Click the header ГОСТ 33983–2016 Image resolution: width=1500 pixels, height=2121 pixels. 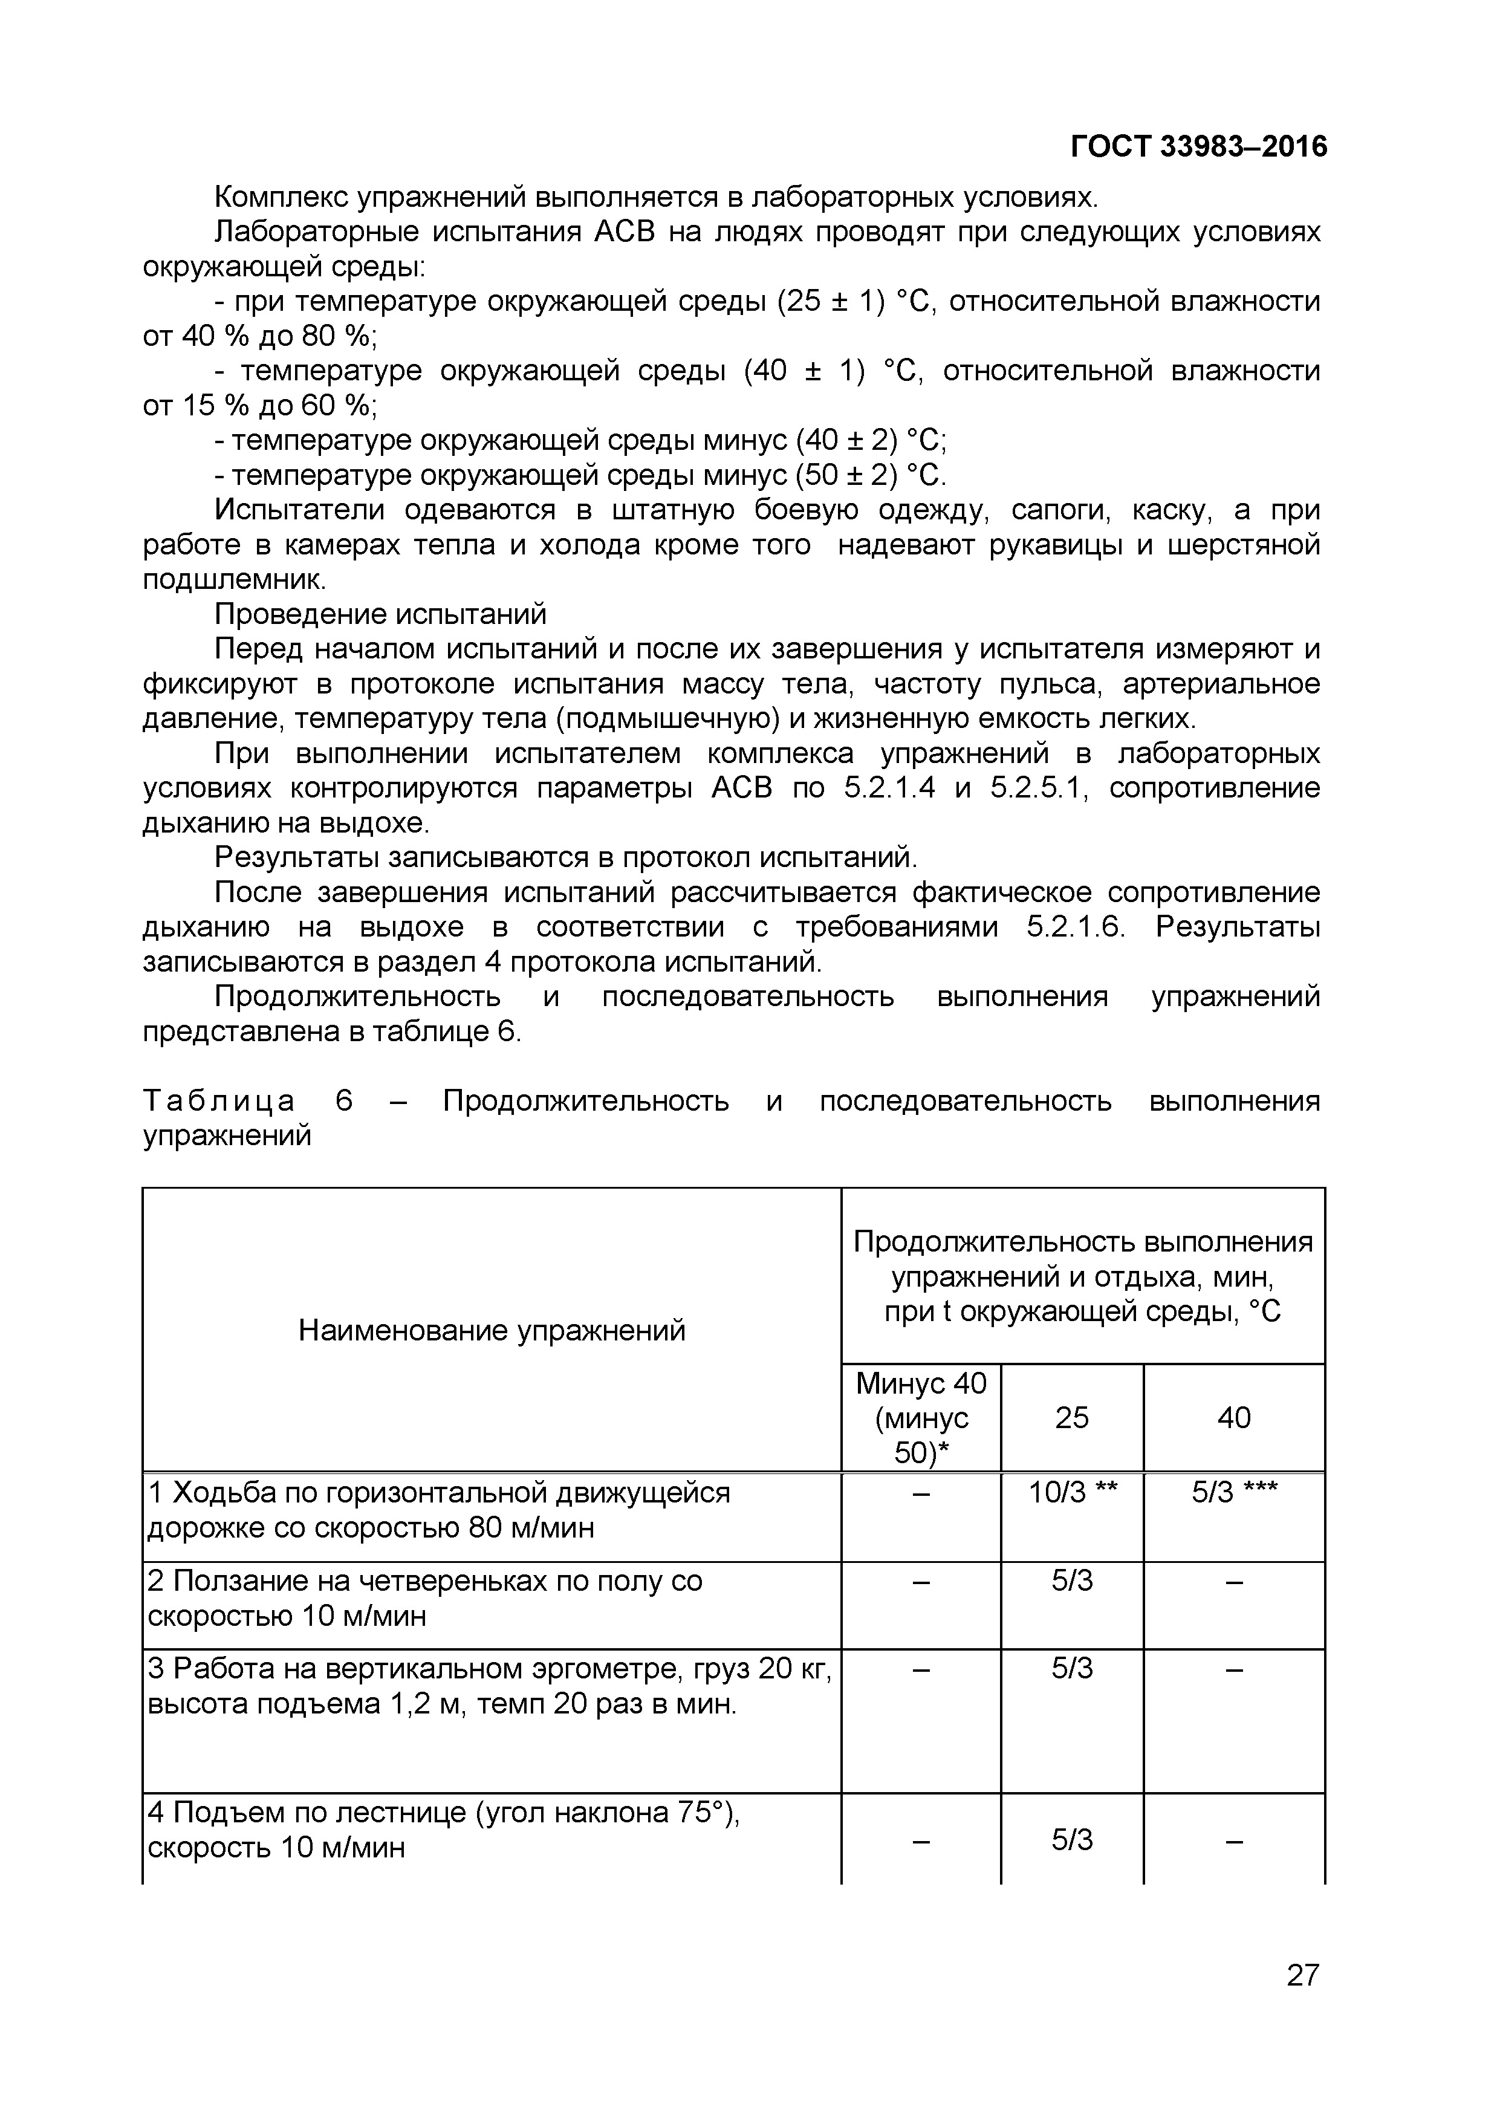click(x=1198, y=147)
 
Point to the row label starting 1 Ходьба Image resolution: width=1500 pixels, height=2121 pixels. click(x=439, y=1510)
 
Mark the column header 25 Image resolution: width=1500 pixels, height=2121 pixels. click(x=1073, y=1418)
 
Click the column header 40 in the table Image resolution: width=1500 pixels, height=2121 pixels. click(x=1234, y=1418)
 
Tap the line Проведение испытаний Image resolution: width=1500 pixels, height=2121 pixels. click(x=380, y=614)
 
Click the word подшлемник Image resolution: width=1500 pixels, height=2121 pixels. click(x=234, y=580)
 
